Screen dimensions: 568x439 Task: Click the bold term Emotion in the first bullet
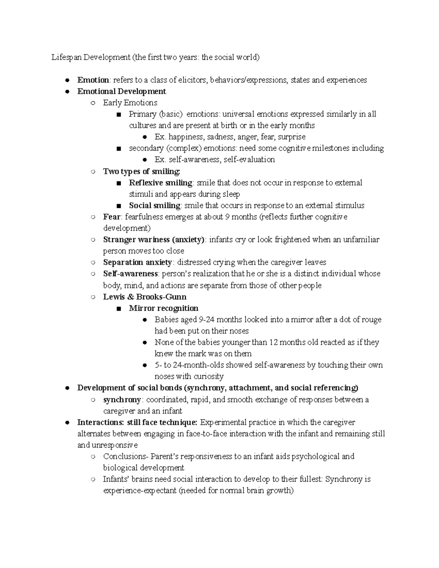(93, 80)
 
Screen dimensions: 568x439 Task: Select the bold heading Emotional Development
(121, 91)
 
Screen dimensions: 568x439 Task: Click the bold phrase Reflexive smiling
(161, 183)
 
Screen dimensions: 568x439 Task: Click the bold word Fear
(112, 217)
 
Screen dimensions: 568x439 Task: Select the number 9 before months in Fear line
(227, 217)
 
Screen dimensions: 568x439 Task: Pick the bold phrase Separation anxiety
(138, 262)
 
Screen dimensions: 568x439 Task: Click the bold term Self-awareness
(131, 274)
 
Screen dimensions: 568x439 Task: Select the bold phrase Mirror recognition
(164, 308)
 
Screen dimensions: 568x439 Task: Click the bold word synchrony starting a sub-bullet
(122, 399)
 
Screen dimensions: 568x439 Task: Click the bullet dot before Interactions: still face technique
(67, 422)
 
